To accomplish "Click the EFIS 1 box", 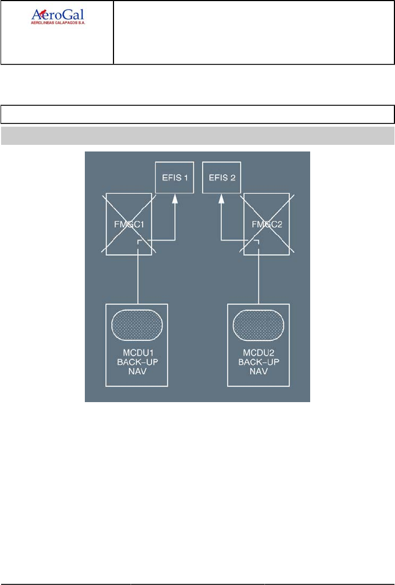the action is [175, 177].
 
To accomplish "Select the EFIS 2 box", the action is [222, 177].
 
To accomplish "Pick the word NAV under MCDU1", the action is [137, 371].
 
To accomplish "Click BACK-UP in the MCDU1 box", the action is [137, 362].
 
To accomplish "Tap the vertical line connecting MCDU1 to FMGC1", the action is [138, 278].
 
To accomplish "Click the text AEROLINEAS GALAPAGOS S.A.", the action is [61, 25].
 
